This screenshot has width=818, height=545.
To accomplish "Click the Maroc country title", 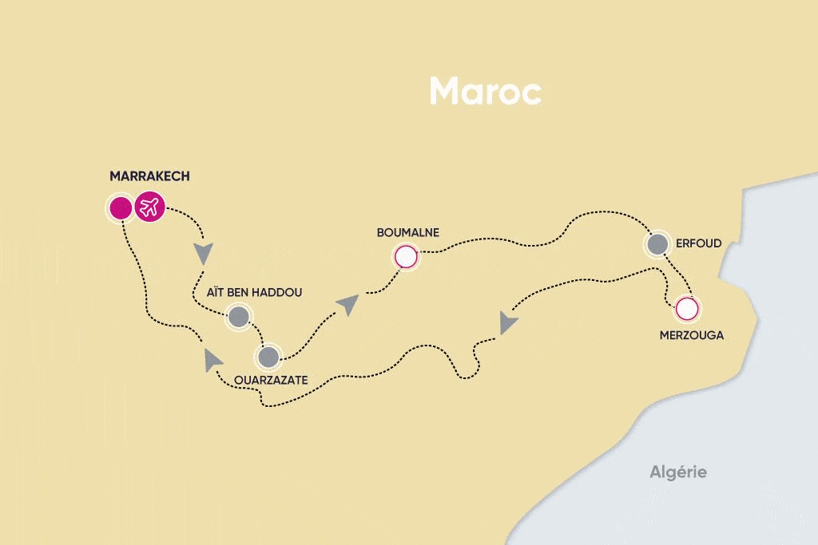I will tap(485, 91).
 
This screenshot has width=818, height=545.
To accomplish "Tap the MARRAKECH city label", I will tap(150, 176).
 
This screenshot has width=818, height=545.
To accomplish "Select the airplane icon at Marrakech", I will tap(149, 208).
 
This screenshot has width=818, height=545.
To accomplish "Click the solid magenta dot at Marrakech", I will tap(120, 208).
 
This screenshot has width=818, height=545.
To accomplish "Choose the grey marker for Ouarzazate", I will tap(269, 357).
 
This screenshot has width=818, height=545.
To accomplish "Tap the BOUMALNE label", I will tap(407, 233).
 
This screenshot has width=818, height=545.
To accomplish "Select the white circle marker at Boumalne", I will tap(406, 257).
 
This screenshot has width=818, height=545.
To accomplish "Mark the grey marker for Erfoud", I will tap(657, 245).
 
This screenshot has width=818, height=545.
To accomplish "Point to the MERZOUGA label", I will tap(691, 335).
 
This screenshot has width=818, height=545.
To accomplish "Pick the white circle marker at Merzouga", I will tap(686, 308).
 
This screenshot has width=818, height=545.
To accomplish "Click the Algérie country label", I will tap(677, 472).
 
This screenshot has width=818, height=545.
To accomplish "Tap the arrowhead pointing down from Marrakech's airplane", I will tap(205, 254).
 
